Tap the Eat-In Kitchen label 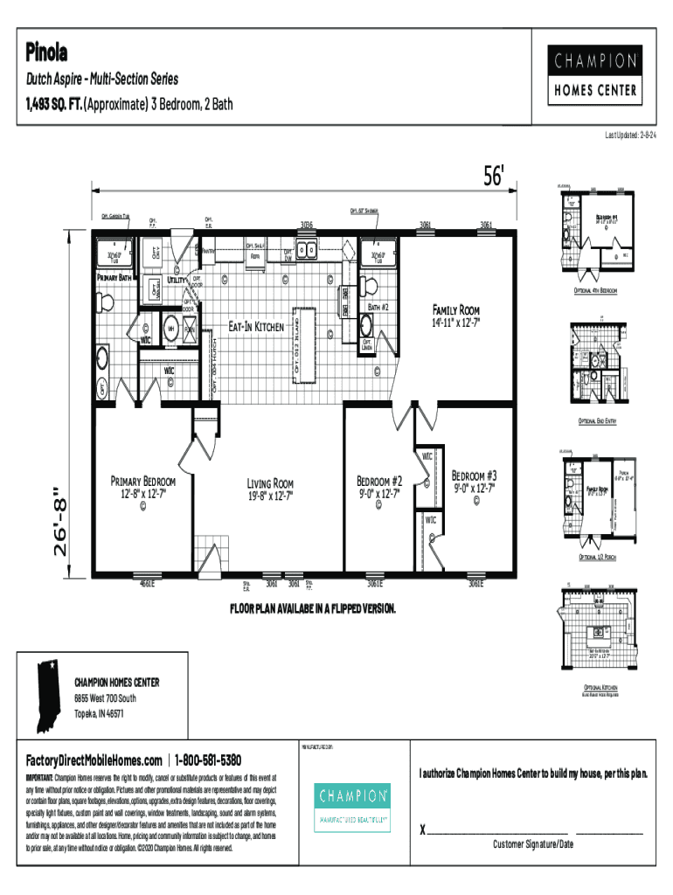pos(256,327)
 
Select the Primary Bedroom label pos(142,482)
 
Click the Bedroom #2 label pos(379,482)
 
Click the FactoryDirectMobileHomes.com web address pos(94,760)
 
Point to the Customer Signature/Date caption pos(532,844)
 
